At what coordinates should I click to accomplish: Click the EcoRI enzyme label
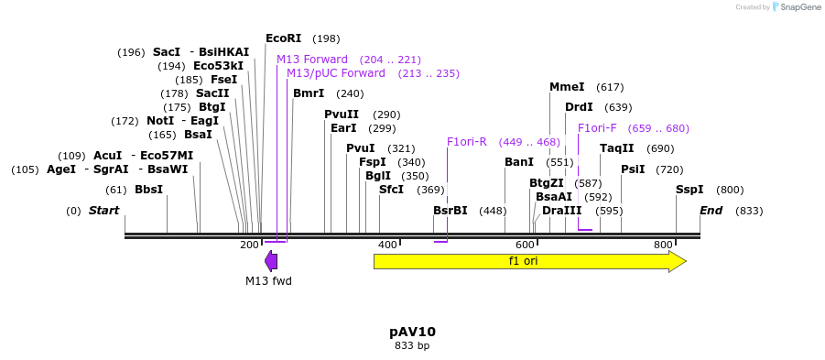coord(283,38)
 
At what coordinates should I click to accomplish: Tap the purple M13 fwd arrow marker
coord(271,261)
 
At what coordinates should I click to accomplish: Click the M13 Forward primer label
coord(312,60)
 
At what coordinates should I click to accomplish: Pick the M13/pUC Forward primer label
coord(335,73)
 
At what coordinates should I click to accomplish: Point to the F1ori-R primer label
coord(467,142)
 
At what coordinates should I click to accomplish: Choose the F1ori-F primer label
coord(597,128)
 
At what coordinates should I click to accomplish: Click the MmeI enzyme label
coord(567,87)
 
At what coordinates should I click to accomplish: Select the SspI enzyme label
coord(689,190)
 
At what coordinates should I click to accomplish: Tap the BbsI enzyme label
coord(148,190)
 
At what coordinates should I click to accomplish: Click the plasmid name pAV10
coord(412,332)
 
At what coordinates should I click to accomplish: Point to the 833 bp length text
coord(412,346)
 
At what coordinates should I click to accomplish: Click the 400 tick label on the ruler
coord(387,245)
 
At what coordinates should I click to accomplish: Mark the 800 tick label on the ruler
coord(663,245)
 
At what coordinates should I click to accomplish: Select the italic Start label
coord(103,211)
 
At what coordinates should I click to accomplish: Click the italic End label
coord(711,211)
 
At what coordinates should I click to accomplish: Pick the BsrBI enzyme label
coord(450,211)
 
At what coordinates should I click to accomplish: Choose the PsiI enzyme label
coord(633,169)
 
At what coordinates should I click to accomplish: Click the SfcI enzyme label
coord(392,190)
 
